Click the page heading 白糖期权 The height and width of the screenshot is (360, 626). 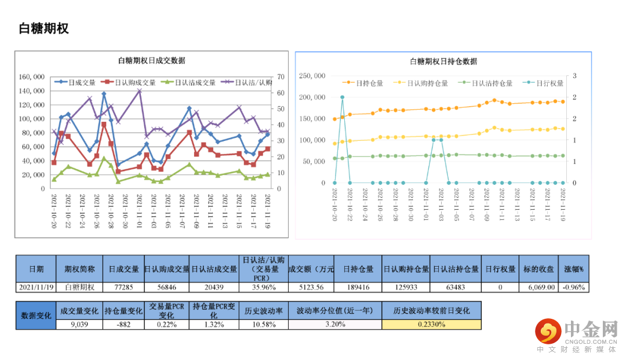(43, 28)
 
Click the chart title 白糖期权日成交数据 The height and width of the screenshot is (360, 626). (151, 61)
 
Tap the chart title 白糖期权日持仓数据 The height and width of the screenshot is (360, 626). (443, 61)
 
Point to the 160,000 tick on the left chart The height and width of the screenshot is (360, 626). (32, 77)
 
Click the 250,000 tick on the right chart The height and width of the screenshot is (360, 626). (312, 76)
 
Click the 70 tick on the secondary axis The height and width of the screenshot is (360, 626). (281, 77)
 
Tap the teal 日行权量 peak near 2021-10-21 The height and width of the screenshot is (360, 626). (342, 97)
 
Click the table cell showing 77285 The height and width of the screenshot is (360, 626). (123, 287)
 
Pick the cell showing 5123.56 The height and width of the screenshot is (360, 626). (311, 287)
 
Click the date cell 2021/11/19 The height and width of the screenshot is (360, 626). (36, 287)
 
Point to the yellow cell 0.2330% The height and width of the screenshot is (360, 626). (431, 325)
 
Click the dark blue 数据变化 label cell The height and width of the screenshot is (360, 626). (36, 315)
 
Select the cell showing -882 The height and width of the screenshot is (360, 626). (123, 325)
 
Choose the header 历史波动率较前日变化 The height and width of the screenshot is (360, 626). (431, 311)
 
